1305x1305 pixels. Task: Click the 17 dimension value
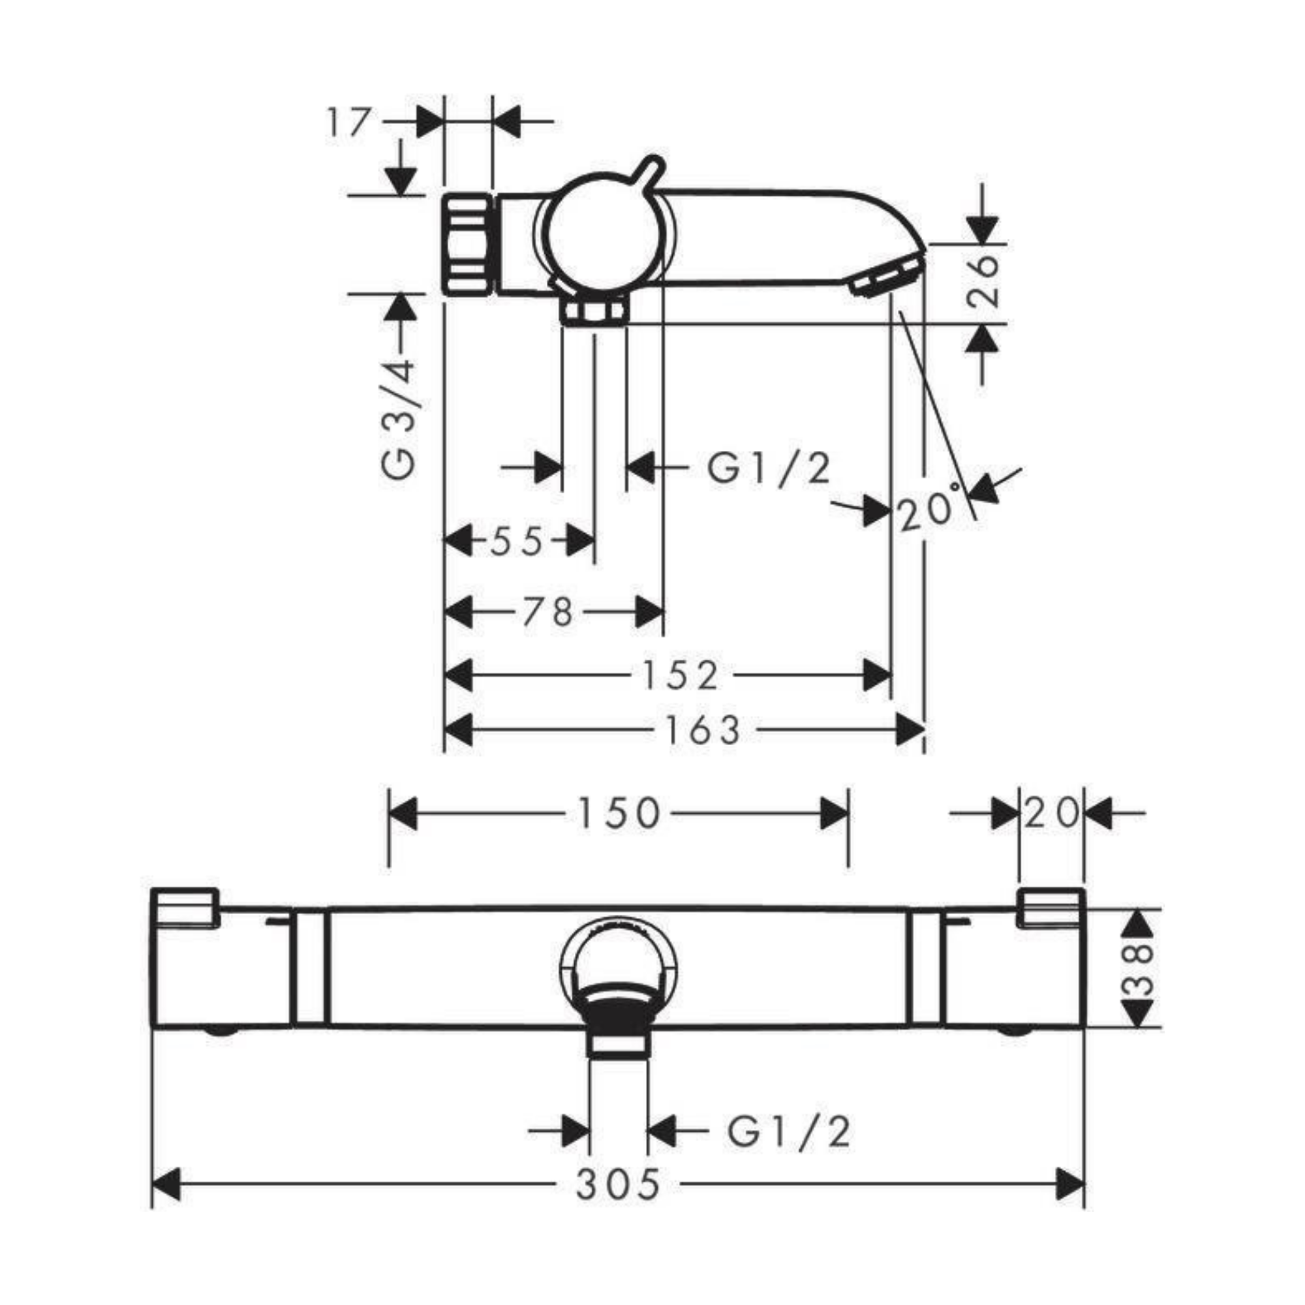coord(349,123)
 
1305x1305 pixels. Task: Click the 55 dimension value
coord(517,541)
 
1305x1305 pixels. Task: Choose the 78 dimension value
coord(547,613)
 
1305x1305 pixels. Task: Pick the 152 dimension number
coord(680,676)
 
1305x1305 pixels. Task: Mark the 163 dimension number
coord(703,730)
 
